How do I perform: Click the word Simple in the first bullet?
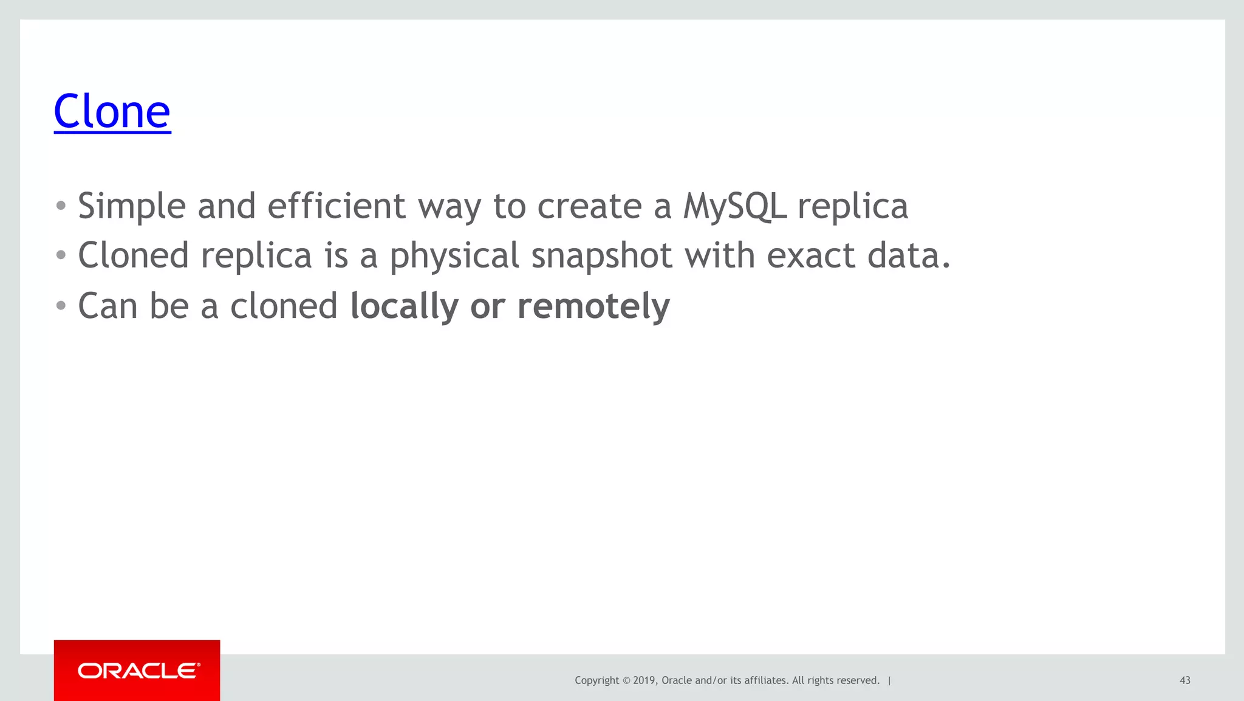[x=131, y=207]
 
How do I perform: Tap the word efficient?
[x=336, y=205]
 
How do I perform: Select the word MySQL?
[x=735, y=207]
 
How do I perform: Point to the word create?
[x=589, y=207]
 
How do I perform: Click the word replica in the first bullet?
[x=853, y=207]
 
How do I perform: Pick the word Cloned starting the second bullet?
[x=133, y=255]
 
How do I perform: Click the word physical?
[x=454, y=257]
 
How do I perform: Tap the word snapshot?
[x=601, y=257]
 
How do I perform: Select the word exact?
[x=811, y=255]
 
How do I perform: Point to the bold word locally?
[x=405, y=306]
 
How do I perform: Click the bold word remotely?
[x=593, y=306]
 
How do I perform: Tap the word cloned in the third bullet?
[x=284, y=306]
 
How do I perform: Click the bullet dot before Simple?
[x=61, y=206]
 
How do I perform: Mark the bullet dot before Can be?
[x=61, y=306]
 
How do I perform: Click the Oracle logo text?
[x=138, y=671]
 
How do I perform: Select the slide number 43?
[x=1184, y=680]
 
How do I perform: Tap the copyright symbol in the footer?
[x=626, y=680]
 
